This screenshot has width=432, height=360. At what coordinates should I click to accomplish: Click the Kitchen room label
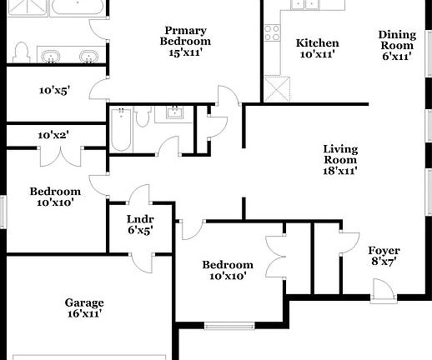317,48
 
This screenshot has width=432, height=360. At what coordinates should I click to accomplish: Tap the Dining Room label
397,46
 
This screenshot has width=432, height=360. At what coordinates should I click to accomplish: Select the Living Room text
340,160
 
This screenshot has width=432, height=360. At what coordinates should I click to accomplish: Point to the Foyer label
384,256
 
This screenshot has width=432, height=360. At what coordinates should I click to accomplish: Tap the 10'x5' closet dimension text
54,91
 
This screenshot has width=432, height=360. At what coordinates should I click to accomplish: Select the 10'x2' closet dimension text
53,135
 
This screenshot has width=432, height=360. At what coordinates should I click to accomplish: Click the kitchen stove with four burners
273,32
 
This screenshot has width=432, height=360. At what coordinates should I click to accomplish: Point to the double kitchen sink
305,7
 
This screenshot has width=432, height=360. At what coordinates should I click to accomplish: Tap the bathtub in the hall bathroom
120,130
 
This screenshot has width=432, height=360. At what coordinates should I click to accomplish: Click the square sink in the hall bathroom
175,112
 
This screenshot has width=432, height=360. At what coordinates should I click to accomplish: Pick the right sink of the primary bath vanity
88,57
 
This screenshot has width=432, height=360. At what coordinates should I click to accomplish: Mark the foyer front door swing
382,289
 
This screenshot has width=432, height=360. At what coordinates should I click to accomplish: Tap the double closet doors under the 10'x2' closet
60,155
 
